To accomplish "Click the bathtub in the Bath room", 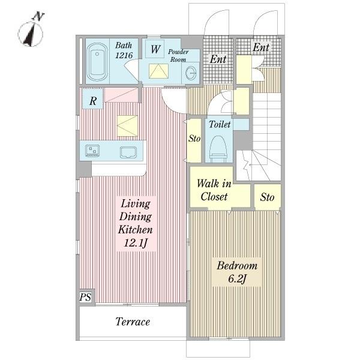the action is click(97, 62).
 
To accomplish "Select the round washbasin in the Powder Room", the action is click(191, 73).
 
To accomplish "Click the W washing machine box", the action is click(155, 49).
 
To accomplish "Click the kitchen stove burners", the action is click(92, 151).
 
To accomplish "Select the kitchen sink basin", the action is click(128, 152).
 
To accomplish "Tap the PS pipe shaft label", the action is click(85, 297).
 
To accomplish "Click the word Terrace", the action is click(133, 322).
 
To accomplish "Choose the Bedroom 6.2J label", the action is click(237, 272).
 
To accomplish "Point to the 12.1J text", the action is click(136, 243).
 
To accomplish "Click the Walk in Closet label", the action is click(214, 190).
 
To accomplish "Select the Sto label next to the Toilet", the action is click(194, 139).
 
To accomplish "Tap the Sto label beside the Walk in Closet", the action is click(267, 197).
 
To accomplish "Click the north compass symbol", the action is click(31, 31).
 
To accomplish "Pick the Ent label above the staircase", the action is click(261, 47).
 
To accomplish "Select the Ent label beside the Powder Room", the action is click(218, 59).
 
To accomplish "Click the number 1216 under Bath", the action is click(124, 55).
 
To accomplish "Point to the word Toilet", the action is click(220, 124).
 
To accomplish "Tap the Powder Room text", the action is click(178, 56).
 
